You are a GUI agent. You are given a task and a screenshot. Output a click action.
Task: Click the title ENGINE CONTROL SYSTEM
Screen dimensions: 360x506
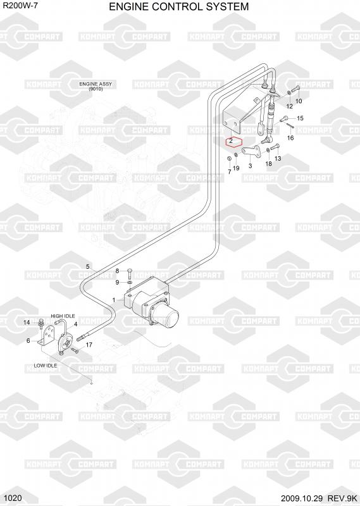(x=178, y=6)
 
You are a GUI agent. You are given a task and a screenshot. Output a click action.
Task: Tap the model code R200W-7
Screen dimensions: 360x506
(x=20, y=5)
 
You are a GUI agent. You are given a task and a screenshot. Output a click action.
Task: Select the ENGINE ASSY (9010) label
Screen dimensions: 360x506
(x=96, y=86)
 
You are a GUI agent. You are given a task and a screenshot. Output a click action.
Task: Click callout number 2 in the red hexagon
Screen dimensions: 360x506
(x=231, y=141)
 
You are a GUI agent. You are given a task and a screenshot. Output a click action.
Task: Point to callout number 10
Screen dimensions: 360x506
(x=299, y=101)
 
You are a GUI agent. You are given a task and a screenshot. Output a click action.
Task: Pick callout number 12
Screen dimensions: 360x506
(x=290, y=106)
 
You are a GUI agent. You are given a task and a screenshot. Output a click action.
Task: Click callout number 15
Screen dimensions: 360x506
(x=300, y=118)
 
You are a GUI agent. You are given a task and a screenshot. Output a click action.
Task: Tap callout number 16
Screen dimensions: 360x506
(x=290, y=138)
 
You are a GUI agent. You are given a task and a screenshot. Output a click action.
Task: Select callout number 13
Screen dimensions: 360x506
(x=278, y=158)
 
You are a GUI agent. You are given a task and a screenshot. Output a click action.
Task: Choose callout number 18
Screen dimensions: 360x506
(x=268, y=164)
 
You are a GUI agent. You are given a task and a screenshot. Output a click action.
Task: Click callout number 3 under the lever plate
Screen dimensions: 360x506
(x=250, y=166)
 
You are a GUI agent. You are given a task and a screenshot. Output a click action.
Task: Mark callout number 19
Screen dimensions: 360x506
(x=236, y=168)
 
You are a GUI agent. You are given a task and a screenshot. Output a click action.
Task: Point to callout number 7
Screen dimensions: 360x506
(x=229, y=172)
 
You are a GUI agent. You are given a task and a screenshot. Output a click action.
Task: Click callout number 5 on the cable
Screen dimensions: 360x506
(x=87, y=266)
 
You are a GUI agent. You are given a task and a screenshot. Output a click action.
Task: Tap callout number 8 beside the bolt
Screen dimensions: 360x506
(x=117, y=271)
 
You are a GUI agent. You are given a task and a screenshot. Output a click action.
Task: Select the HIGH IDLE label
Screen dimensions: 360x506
(x=63, y=316)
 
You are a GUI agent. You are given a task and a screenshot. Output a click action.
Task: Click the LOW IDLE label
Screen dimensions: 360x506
(x=45, y=366)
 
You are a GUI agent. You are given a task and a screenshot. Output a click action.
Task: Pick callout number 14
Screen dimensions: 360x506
(x=27, y=323)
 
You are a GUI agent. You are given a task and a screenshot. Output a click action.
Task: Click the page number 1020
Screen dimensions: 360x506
(x=13, y=498)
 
